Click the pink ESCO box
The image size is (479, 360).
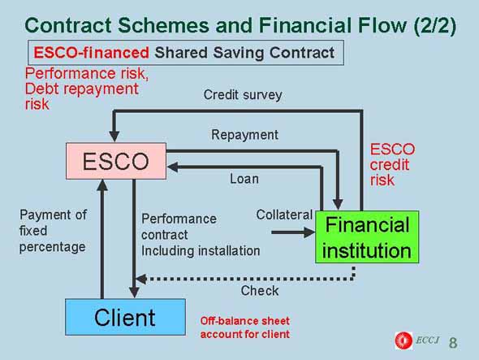[x=116, y=161]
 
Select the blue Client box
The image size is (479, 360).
[x=125, y=317]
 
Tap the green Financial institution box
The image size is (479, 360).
[x=367, y=237]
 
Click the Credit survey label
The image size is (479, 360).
[x=243, y=95]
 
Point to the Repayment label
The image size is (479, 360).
[x=244, y=135]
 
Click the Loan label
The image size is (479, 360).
[x=244, y=179]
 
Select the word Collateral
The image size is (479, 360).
[x=284, y=215]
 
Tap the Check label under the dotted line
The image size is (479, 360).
[x=260, y=291]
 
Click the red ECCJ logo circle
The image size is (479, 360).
[x=403, y=340]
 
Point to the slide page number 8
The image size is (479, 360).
[x=453, y=343]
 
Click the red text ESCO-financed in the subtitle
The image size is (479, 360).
[x=92, y=53]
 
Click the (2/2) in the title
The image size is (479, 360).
[x=435, y=25]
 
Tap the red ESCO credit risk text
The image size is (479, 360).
[x=392, y=164]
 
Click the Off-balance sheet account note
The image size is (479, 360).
[x=245, y=327]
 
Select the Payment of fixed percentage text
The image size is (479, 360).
[x=53, y=231]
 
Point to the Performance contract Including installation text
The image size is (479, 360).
[x=201, y=235]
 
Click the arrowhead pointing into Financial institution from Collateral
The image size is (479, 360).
[x=309, y=232]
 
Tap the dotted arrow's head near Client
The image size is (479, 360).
[x=141, y=279]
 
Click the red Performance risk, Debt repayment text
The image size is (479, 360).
[x=87, y=89]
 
